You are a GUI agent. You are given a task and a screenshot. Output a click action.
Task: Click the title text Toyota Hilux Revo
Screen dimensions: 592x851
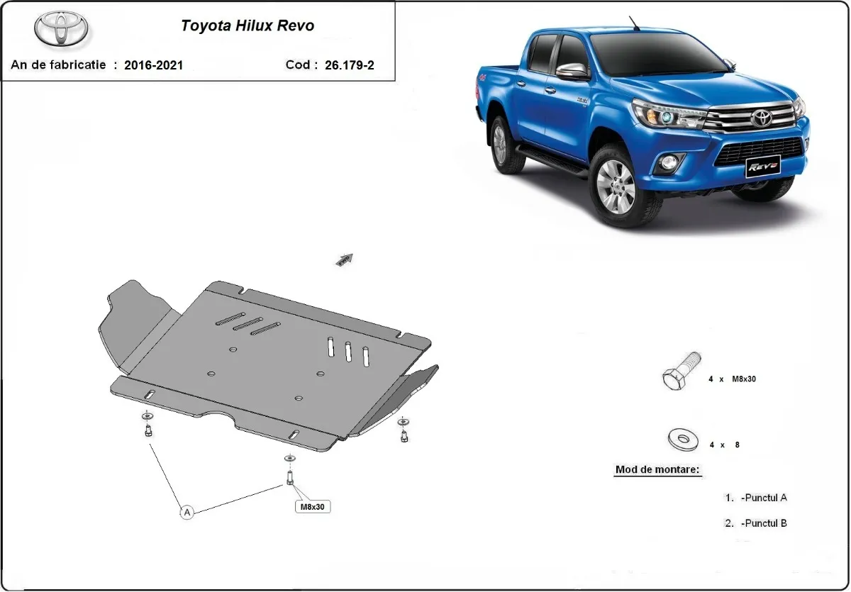[x=247, y=26]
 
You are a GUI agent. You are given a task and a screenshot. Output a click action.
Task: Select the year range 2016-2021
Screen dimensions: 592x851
[x=153, y=65]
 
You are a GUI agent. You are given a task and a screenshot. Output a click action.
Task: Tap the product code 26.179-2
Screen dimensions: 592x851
[x=350, y=65]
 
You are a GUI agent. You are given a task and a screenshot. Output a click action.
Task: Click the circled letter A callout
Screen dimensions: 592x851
[x=187, y=511]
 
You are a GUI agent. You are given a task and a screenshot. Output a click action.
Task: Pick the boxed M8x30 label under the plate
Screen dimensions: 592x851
[x=313, y=506]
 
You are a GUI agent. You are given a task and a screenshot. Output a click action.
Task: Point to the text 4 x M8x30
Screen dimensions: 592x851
[x=733, y=379]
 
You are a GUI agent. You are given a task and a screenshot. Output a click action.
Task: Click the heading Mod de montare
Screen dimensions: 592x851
[x=657, y=469]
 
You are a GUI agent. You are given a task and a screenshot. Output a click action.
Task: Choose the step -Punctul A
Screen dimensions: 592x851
[x=763, y=498]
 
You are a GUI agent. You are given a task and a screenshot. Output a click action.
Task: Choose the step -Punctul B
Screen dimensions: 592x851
[x=763, y=523]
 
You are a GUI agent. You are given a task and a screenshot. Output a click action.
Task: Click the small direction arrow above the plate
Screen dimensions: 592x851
[x=345, y=260]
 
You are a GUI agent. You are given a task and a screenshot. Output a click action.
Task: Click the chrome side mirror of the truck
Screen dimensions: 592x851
[x=573, y=72]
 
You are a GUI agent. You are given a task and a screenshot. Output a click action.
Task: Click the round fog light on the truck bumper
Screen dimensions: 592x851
[x=669, y=163]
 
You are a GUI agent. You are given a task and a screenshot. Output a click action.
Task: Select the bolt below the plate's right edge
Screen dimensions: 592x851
[x=404, y=434]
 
